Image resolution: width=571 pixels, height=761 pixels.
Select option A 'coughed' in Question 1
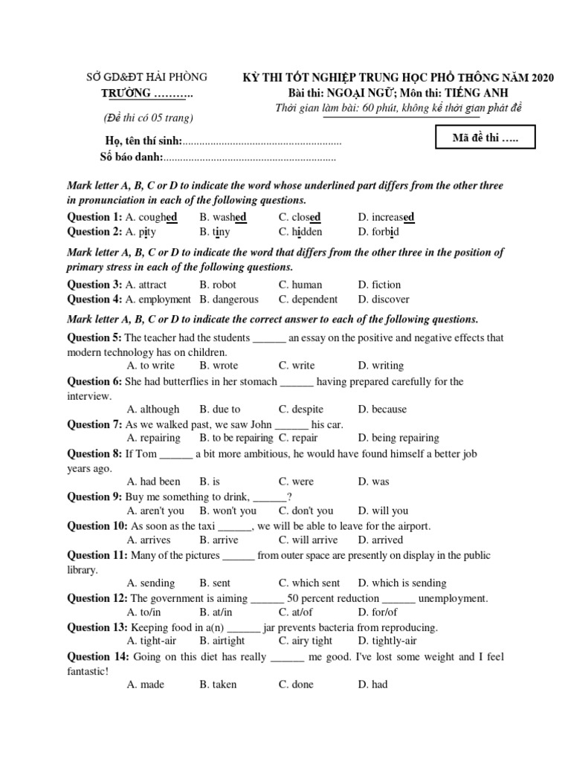pos(152,217)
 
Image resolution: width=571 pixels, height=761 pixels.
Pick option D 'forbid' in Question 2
pos(378,232)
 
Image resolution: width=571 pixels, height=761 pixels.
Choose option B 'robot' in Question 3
pos(218,285)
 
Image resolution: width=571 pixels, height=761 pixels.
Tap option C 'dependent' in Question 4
pos(308,299)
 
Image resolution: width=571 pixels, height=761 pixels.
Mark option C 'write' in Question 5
pos(297,366)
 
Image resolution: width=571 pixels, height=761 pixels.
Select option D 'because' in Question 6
pos(382,409)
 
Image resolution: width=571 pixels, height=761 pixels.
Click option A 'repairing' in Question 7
pos(154,438)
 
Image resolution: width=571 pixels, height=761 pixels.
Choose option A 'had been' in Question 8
pos(154,482)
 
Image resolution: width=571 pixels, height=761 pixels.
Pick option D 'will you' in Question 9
pos(383,511)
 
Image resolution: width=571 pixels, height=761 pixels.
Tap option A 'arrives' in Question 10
pos(149,540)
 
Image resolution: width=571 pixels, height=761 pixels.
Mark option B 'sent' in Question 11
pos(215,583)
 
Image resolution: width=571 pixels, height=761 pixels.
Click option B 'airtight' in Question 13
pos(222,641)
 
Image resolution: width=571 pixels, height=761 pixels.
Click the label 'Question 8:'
pos(94,453)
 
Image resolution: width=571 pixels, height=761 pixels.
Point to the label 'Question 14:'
pos(97,656)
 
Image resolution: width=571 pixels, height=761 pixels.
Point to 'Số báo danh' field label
pos(131,158)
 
